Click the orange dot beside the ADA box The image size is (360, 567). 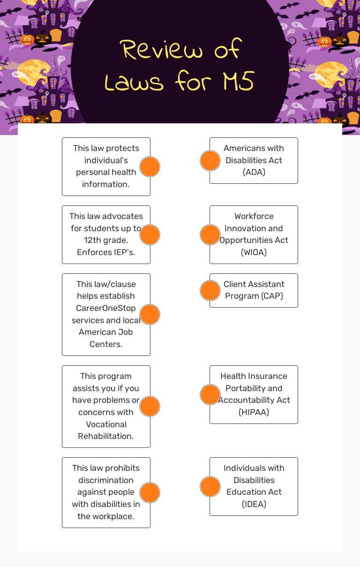tap(210, 161)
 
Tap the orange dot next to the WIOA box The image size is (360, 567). tap(210, 234)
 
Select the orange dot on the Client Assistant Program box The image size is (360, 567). tap(210, 290)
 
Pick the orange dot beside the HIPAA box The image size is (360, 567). tap(210, 394)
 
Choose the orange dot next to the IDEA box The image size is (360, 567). tap(210, 486)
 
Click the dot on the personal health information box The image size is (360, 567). tap(150, 166)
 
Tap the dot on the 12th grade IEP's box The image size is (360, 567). tap(150, 234)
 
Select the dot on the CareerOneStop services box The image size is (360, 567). tap(150, 314)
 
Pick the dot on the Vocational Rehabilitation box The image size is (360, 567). tap(150, 406)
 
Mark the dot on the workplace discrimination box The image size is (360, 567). tap(150, 492)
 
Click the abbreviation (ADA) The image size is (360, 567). tap(254, 172)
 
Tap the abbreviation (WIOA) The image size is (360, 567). tap(254, 252)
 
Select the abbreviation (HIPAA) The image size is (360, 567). tap(254, 412)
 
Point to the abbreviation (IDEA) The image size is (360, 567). tap(254, 504)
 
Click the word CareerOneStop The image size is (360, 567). tap(106, 308)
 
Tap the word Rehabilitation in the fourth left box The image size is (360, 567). tap(106, 436)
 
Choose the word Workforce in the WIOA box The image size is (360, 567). tap(254, 216)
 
